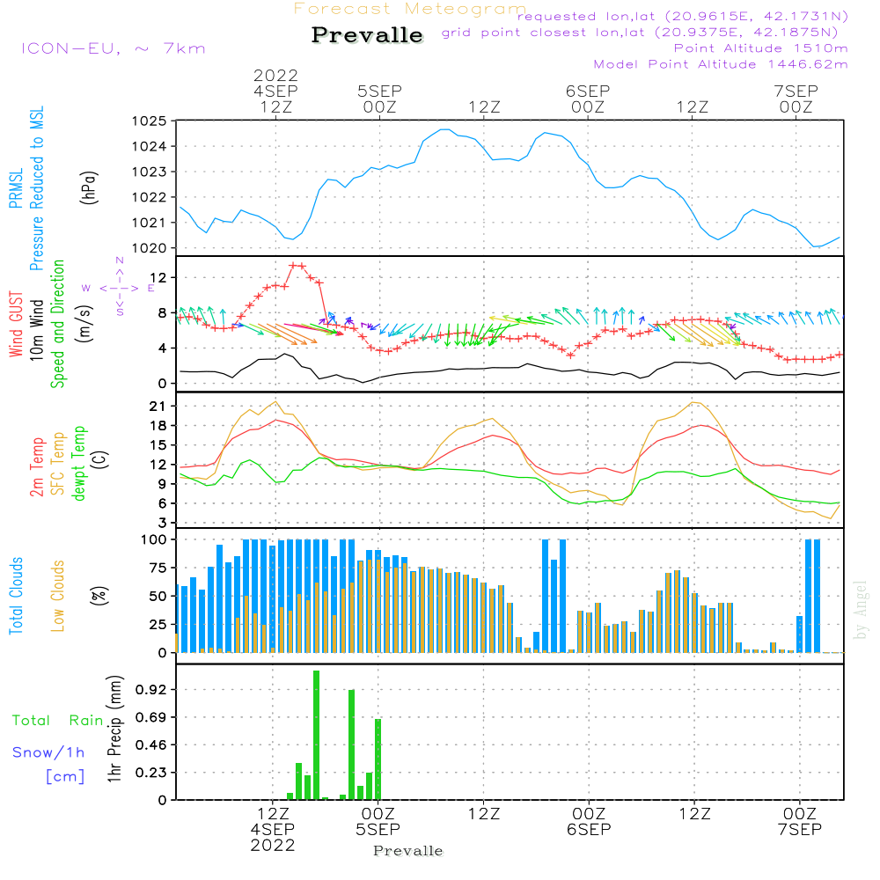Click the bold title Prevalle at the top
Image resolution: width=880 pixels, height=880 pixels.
[367, 36]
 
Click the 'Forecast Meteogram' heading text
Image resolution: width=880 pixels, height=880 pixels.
[410, 10]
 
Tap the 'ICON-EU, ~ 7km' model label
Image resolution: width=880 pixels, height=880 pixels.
[113, 48]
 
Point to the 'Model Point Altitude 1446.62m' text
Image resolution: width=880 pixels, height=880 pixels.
[721, 64]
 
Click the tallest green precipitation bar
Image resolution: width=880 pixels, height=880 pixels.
[316, 735]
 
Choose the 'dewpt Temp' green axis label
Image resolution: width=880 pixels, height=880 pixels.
[80, 464]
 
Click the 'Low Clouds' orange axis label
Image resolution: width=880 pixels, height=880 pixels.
[59, 595]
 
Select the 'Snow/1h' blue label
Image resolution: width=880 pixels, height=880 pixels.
[49, 752]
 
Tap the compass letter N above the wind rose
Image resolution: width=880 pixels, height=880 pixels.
[120, 261]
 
